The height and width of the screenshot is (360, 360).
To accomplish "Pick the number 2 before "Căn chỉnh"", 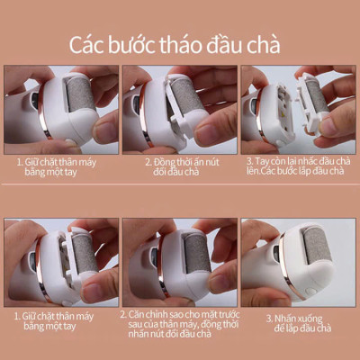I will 123,313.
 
